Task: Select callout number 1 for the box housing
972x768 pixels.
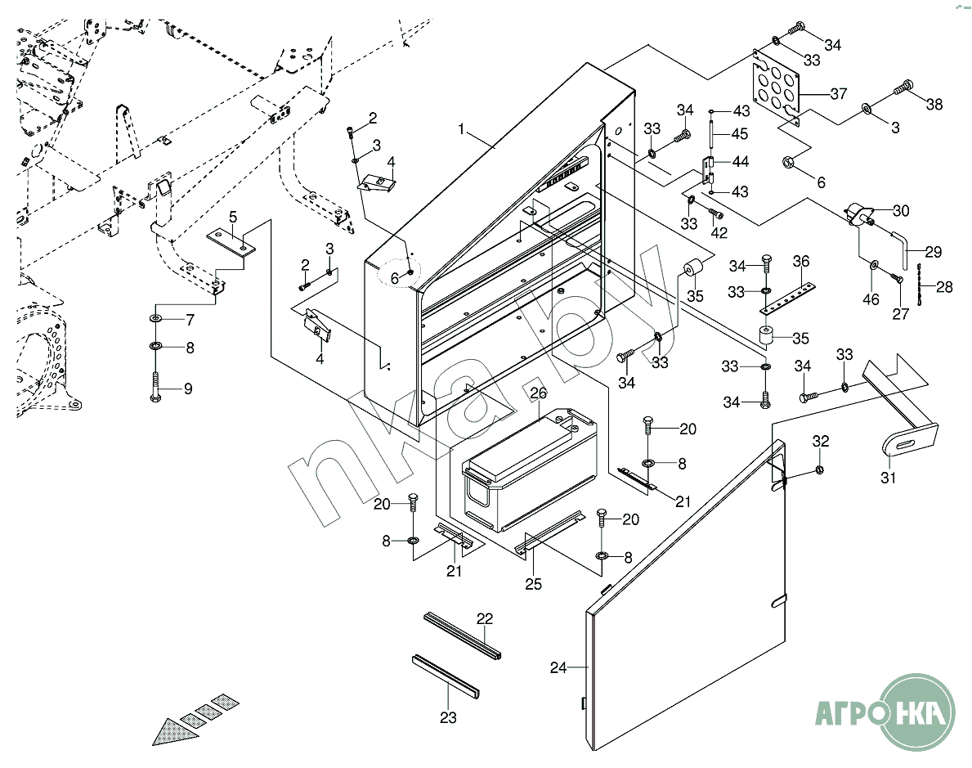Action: pyautogui.click(x=461, y=130)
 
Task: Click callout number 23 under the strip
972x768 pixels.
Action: pyautogui.click(x=448, y=718)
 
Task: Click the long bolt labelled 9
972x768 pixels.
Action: pyautogui.click(x=155, y=384)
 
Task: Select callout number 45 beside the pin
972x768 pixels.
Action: pyautogui.click(x=739, y=133)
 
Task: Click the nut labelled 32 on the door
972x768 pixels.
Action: pyautogui.click(x=820, y=469)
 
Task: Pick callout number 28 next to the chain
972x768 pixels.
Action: pyautogui.click(x=944, y=287)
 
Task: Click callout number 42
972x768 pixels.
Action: pyautogui.click(x=719, y=233)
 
